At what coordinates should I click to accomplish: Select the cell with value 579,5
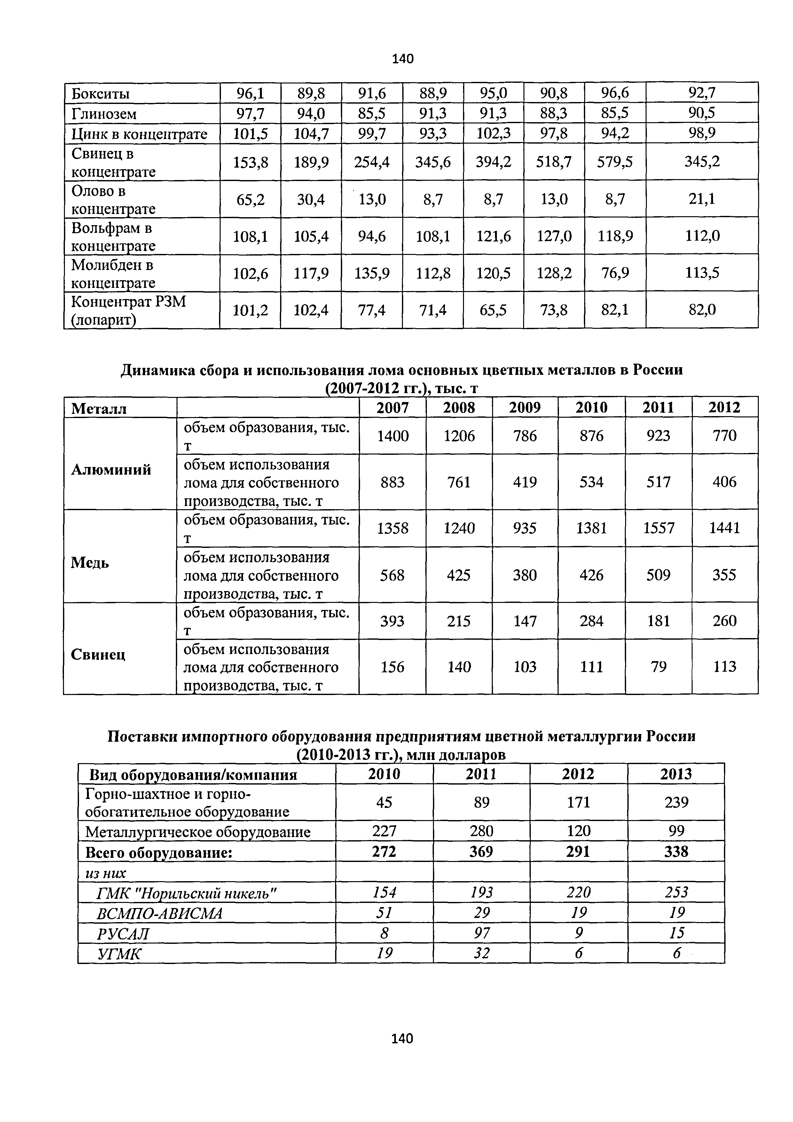615,162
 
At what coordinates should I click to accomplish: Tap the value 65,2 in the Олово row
250,199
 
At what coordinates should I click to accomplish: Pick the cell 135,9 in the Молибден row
372,273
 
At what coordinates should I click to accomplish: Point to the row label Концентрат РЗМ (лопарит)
129,310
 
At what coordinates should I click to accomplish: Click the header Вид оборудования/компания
193,775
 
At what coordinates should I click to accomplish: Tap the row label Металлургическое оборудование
198,832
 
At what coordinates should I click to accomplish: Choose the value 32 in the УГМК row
481,953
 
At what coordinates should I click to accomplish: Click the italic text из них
105,873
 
